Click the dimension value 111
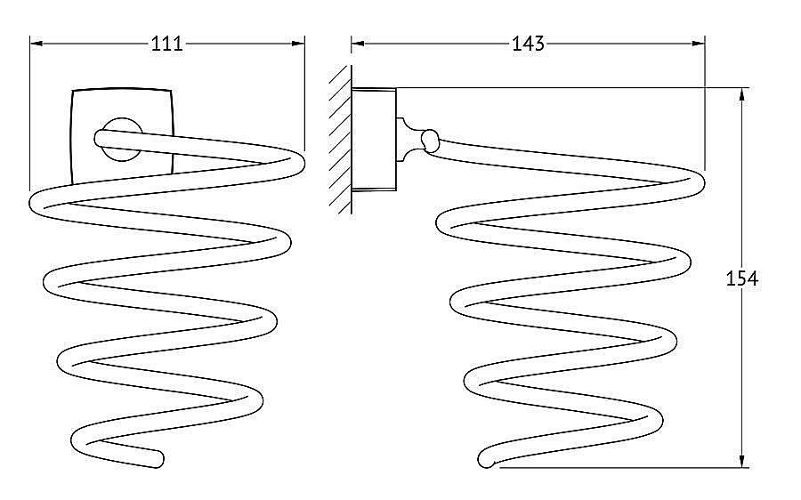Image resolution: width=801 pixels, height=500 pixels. click(166, 44)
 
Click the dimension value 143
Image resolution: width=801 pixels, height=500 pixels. click(528, 44)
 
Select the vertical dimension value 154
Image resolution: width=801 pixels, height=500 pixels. click(741, 278)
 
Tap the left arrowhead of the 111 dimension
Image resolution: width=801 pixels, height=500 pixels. click(36, 44)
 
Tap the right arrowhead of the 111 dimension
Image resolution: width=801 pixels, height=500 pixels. click(298, 44)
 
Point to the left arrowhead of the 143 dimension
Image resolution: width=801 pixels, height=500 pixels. click(358, 44)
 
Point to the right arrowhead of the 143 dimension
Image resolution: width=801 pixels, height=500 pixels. click(699, 44)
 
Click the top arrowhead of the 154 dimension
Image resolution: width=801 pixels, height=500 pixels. click(741, 95)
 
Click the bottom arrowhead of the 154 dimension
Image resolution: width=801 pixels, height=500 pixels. click(741, 460)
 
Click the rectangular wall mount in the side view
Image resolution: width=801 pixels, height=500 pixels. click(374, 140)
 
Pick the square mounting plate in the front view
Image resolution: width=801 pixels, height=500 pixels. click(122, 137)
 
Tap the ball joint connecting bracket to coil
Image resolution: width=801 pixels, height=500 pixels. click(430, 141)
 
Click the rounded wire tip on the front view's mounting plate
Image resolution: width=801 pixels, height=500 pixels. click(101, 139)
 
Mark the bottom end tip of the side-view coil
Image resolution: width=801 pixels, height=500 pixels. click(485, 461)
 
